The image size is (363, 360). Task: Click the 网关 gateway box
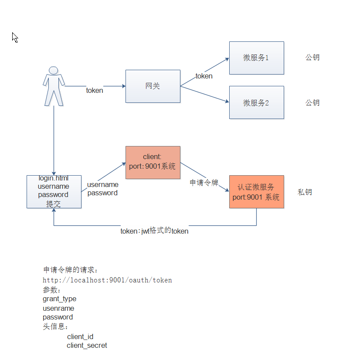153,86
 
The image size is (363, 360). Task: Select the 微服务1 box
256,58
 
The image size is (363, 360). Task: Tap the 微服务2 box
256,102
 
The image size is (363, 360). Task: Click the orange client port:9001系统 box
153,162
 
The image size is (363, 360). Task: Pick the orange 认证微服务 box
256,192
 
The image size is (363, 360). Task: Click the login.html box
54,191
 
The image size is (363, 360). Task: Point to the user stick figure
54,86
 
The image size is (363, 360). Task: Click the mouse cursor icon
15,37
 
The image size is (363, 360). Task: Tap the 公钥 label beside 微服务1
312,58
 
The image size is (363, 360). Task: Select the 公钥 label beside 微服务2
312,103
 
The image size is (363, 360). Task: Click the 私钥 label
305,192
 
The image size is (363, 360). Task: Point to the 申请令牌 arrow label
204,183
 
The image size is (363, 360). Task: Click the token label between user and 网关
95,91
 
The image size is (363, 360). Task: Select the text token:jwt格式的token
154,231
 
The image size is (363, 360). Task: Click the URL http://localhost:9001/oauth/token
107,280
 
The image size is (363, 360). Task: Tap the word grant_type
59,299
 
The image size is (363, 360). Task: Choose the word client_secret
87,346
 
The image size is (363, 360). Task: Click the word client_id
80,336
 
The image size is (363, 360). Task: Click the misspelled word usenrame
58,308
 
